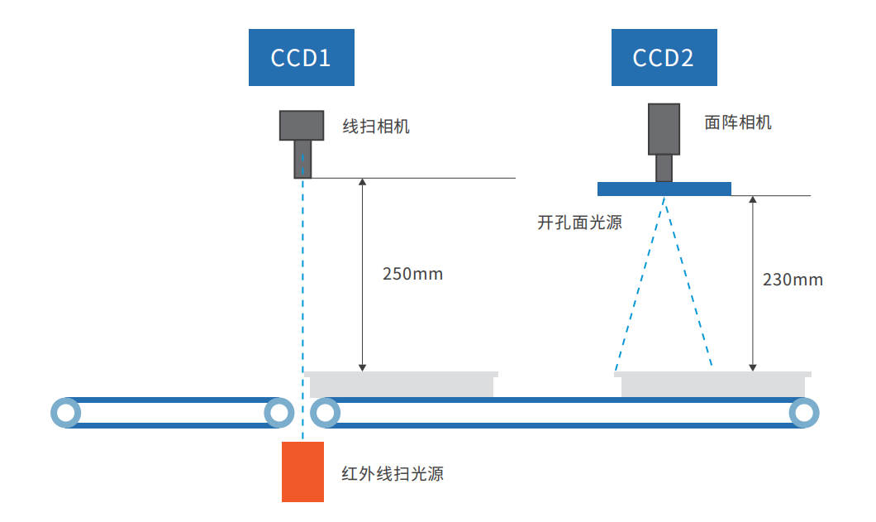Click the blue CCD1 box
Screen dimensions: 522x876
[302, 57]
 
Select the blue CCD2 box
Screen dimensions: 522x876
[664, 57]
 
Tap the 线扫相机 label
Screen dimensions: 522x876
[376, 127]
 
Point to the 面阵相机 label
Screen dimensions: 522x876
[738, 122]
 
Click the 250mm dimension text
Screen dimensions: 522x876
[413, 274]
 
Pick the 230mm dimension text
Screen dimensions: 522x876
[793, 279]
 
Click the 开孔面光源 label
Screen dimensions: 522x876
[579, 223]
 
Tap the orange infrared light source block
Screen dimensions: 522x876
[302, 472]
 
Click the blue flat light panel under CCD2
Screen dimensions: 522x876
[664, 189]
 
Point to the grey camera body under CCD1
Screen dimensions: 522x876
[302, 125]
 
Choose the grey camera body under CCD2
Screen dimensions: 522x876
[664, 129]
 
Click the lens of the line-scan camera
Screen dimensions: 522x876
[303, 159]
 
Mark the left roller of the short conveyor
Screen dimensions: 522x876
[65, 412]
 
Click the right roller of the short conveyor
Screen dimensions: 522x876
[279, 412]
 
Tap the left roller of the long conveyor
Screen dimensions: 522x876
[326, 412]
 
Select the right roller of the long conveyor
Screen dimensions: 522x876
[803, 412]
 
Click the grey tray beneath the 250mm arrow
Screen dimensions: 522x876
[402, 385]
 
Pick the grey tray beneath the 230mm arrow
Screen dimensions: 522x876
[712, 385]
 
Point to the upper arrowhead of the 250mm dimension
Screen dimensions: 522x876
[362, 182]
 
